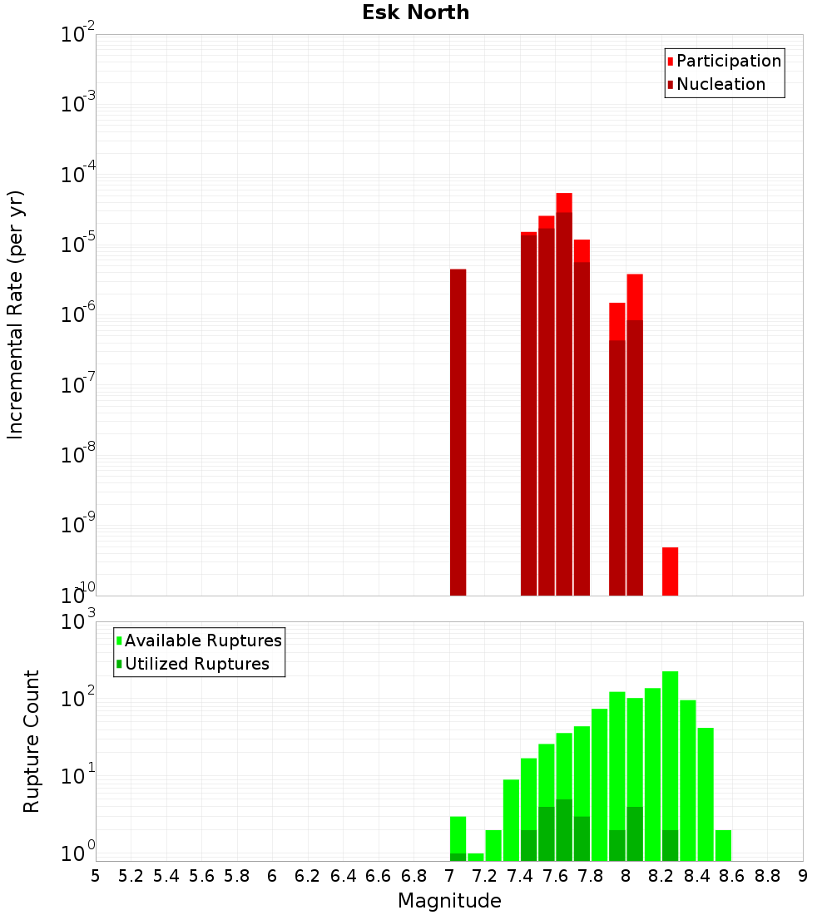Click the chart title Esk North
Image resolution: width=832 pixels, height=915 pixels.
click(415, 12)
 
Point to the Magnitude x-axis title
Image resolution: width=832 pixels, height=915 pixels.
click(449, 901)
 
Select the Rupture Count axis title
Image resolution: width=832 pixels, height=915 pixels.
click(32, 740)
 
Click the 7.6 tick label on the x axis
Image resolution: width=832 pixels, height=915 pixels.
click(555, 876)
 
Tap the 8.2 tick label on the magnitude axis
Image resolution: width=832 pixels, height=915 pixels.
click(661, 876)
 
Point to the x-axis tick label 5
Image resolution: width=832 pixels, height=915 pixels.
click(96, 876)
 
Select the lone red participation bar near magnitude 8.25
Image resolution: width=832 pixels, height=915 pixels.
click(670, 571)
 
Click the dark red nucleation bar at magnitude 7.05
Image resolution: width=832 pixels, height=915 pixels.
click(458, 433)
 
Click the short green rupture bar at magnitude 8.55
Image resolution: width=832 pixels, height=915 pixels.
click(723, 845)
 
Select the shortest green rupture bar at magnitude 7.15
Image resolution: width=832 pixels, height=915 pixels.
click(475, 857)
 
